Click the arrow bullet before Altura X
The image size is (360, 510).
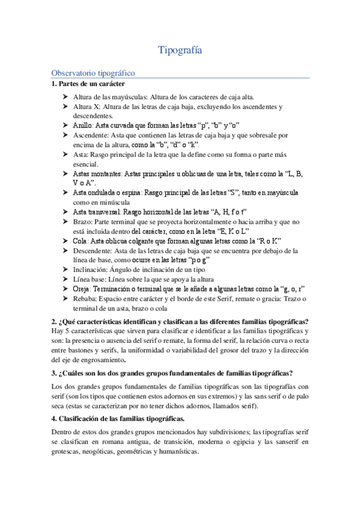[66, 106]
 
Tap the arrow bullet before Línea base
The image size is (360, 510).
[66, 279]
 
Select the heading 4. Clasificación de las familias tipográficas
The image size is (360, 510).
[118, 418]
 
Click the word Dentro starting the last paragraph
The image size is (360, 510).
[63, 432]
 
